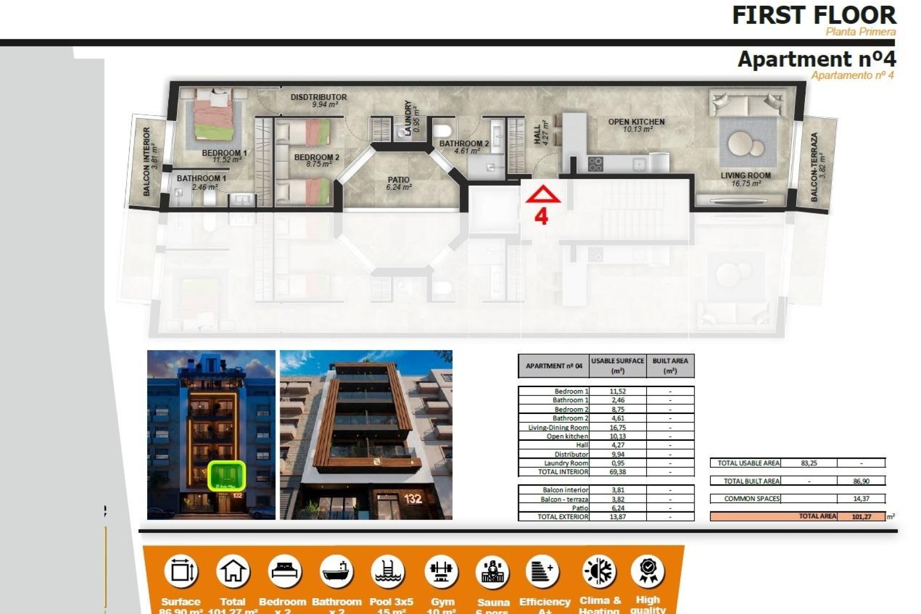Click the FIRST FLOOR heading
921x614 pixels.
point(814,15)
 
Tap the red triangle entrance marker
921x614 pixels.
point(543,195)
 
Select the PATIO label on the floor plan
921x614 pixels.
point(399,180)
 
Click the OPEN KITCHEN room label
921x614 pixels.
point(636,122)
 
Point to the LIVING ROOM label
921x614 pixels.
point(745,176)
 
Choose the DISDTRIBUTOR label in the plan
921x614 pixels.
point(319,97)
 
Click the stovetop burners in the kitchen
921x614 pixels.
point(595,164)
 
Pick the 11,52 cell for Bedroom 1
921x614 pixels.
point(617,391)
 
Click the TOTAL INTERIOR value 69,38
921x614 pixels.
point(617,472)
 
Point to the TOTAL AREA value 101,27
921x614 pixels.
point(862,517)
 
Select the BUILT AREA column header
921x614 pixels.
point(670,366)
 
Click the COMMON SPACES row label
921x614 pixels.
point(752,499)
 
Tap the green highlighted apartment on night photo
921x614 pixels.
point(226,475)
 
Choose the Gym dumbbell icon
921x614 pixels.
point(441,571)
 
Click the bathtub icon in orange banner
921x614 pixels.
point(336,571)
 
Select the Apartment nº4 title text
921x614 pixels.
point(816,59)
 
